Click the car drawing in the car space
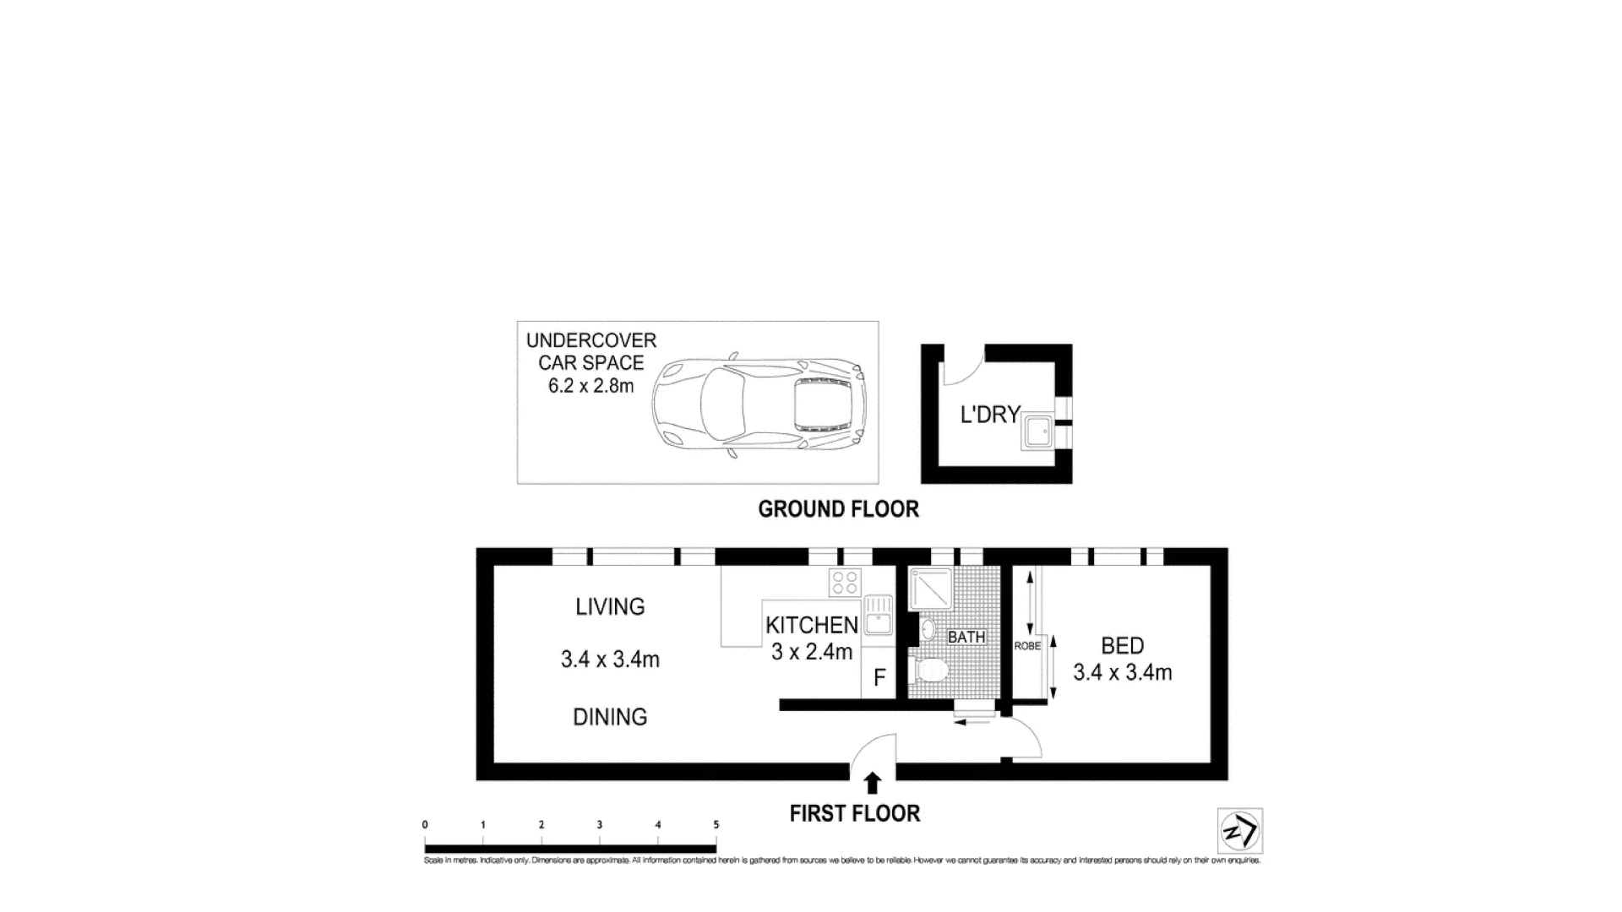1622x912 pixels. pos(760,405)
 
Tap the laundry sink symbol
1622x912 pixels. pos(1037,432)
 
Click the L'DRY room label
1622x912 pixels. pos(990,415)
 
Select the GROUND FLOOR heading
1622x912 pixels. pos(838,509)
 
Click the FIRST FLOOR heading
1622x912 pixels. pos(854,813)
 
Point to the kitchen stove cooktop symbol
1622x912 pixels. pos(845,582)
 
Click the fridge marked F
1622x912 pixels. pos(879,678)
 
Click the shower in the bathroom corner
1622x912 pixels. pos(930,588)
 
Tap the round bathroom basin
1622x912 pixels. pos(928,629)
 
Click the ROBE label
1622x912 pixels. pos(1027,646)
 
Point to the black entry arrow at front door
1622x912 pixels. pos(873,783)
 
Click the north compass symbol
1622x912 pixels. pos(1239,831)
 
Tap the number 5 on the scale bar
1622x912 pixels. pos(716,825)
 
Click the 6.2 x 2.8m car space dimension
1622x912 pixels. pos(591,386)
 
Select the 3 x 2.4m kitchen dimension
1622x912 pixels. pos(811,652)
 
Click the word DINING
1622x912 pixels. pos(610,717)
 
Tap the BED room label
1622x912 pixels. pos(1122,646)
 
